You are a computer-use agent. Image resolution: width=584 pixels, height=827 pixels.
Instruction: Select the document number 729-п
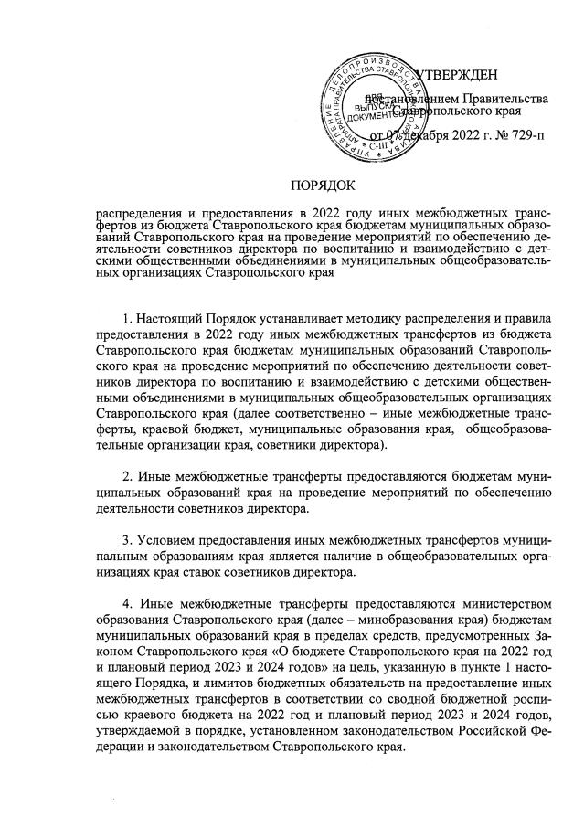(x=526, y=137)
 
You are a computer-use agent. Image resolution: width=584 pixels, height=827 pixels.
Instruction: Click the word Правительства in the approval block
(x=505, y=97)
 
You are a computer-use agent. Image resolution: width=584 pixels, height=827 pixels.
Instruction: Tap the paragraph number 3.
(x=127, y=551)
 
